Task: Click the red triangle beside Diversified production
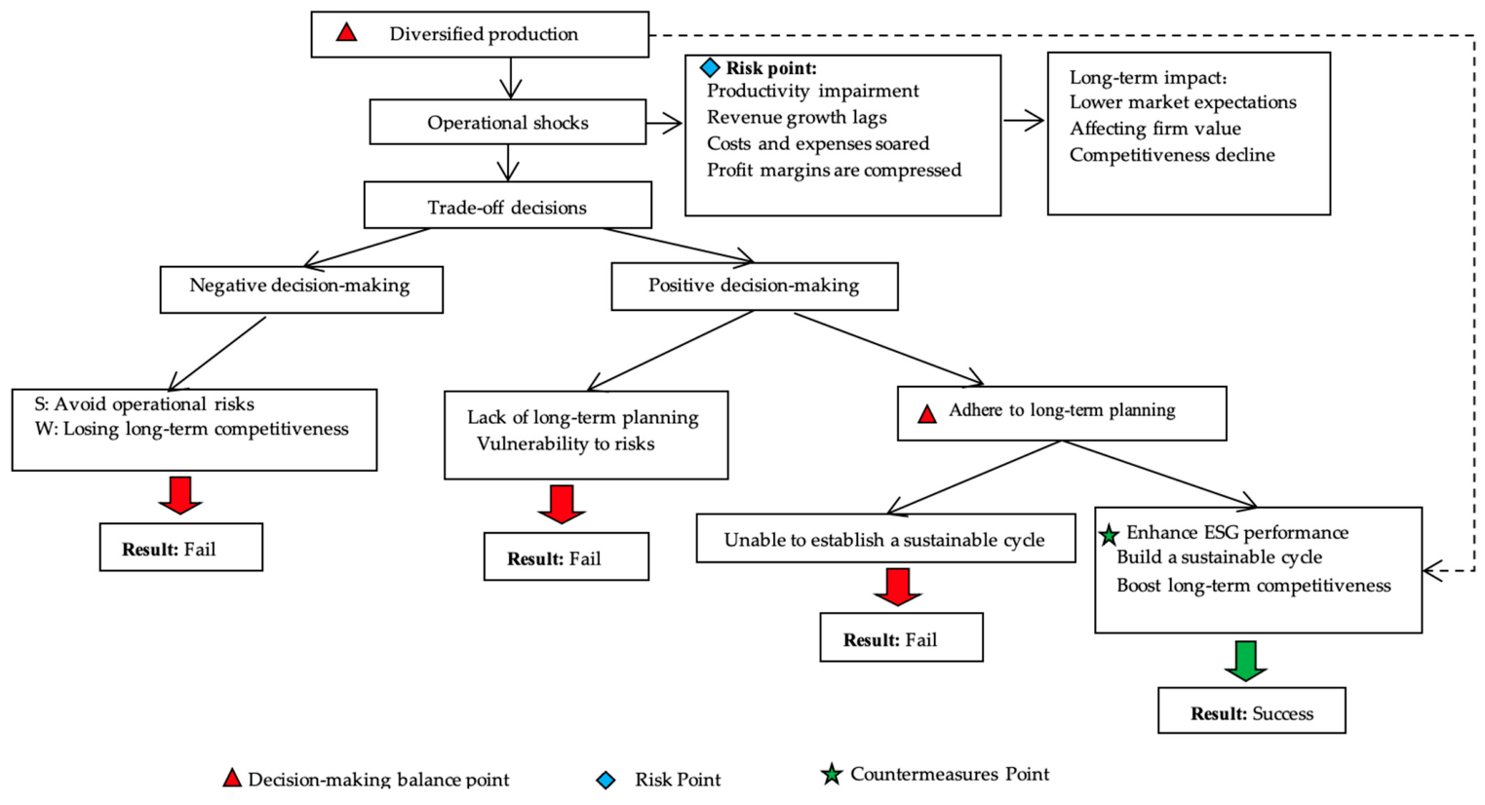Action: click(346, 32)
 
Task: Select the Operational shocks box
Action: click(508, 122)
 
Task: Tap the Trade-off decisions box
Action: click(508, 206)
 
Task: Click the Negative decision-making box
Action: click(301, 289)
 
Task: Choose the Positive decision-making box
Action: click(755, 287)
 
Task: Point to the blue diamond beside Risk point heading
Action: click(710, 67)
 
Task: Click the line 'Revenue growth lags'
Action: click(797, 117)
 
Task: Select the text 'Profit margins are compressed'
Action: click(834, 171)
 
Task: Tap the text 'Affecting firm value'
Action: click(1154, 129)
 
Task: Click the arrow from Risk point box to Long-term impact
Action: click(1024, 121)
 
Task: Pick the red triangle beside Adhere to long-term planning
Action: click(927, 414)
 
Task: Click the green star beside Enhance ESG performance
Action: click(1109, 535)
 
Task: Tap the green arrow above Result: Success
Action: click(1246, 661)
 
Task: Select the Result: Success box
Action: click(1252, 710)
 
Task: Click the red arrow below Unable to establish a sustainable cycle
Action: click(898, 587)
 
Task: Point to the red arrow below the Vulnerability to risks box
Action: click(562, 504)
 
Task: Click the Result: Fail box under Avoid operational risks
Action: click(181, 547)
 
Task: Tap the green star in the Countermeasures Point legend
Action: click(832, 774)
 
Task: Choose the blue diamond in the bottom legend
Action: click(606, 780)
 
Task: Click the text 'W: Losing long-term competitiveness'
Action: click(191, 430)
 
